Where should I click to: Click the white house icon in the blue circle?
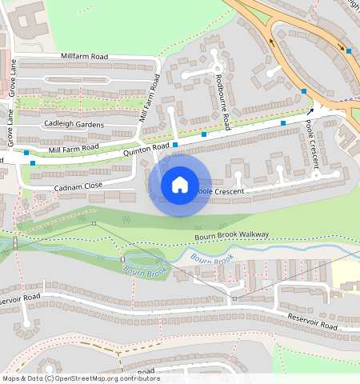[180, 185]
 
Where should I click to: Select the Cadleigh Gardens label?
[74, 123]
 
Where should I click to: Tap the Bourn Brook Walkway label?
[232, 235]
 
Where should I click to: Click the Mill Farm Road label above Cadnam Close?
[74, 148]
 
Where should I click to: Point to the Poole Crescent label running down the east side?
[313, 145]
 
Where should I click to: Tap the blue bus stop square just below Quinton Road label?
[175, 145]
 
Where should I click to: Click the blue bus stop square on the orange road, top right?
[349, 51]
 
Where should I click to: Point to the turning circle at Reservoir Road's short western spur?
[26, 325]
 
